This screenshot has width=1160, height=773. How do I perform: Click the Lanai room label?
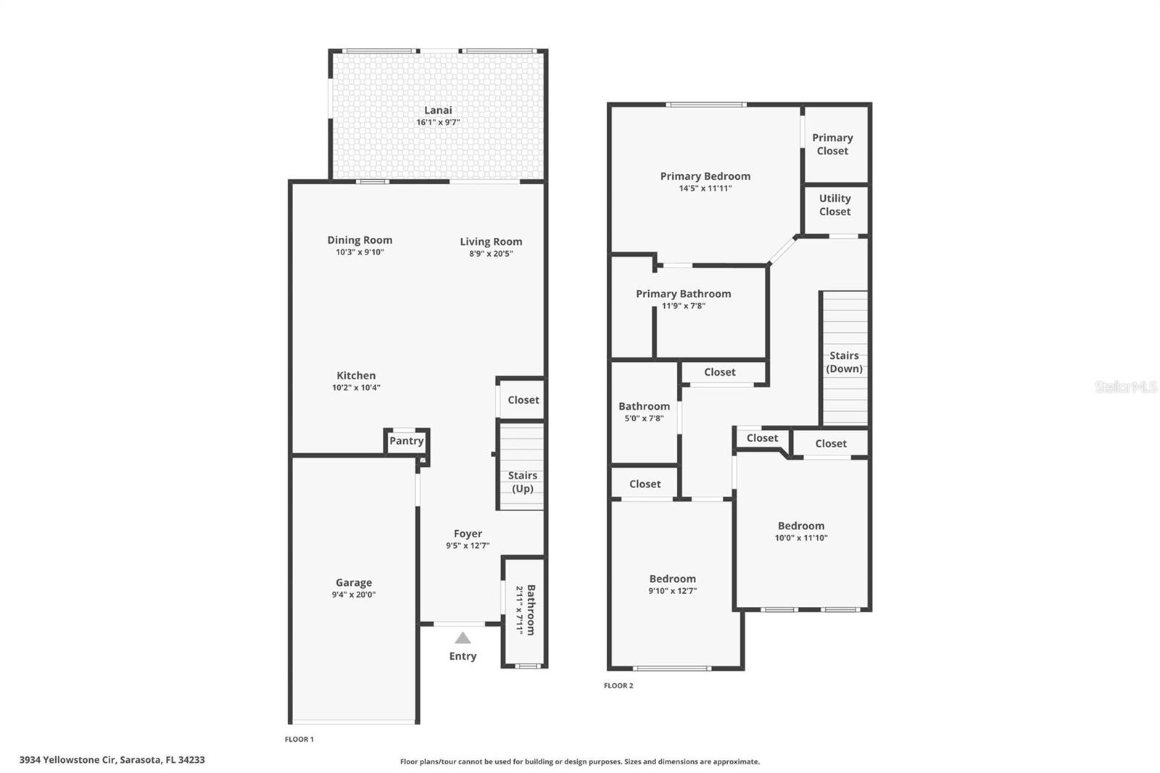pos(438,110)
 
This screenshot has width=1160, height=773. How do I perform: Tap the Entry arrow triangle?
pos(463,638)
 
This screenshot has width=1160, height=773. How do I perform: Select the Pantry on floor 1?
pos(406,441)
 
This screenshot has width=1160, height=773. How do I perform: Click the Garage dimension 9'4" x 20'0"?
pos(354,595)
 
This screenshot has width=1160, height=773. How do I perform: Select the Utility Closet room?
pos(835,205)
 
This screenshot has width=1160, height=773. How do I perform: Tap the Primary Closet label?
pos(832,144)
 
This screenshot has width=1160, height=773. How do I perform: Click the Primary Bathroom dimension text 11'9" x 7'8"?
pos(683,306)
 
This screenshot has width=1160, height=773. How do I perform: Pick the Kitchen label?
pos(356,376)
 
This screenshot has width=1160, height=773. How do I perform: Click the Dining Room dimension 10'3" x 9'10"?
pos(360,252)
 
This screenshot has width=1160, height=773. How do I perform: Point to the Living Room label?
pos(491,241)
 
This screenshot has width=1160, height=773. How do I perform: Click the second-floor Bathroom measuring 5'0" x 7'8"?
pos(644,412)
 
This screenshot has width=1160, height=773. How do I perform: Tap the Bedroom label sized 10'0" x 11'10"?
pos(801,526)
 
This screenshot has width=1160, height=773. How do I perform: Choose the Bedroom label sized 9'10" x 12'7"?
pos(672,579)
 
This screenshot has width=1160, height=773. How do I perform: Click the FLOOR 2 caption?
pos(618,685)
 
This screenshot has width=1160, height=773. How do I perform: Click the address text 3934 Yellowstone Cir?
pos(112,760)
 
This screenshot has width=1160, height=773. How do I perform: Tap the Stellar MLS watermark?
pos(1125,387)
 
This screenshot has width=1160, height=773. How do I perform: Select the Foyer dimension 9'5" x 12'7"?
pos(468,546)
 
